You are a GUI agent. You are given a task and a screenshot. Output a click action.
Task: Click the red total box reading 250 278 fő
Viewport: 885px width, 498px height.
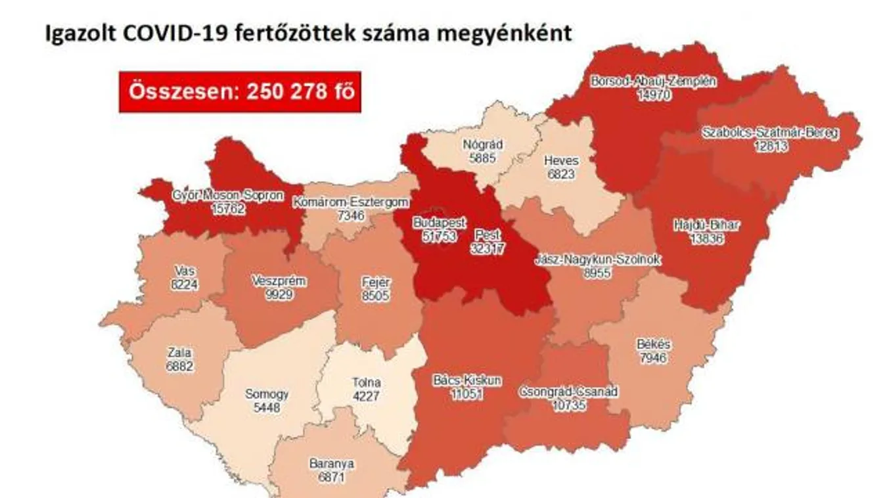coord(240,91)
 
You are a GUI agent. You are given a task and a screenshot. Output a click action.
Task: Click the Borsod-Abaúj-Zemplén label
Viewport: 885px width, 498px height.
coord(653,82)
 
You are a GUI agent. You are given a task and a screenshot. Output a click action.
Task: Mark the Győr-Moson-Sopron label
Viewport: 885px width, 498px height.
coord(218,195)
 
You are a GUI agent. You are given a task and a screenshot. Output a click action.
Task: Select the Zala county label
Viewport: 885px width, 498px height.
coord(180,353)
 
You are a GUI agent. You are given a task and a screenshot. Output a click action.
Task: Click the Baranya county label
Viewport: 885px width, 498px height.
coord(331,463)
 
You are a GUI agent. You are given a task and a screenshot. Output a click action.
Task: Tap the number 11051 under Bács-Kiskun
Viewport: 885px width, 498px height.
coord(458,392)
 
